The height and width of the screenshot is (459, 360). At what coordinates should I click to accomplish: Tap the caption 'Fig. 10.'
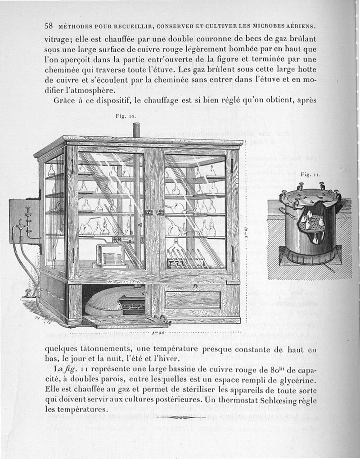pos(126,116)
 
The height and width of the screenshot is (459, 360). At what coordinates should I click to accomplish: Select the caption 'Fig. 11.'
pos(310,174)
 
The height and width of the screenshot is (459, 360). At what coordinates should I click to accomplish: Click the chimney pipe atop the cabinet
pos(136,131)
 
